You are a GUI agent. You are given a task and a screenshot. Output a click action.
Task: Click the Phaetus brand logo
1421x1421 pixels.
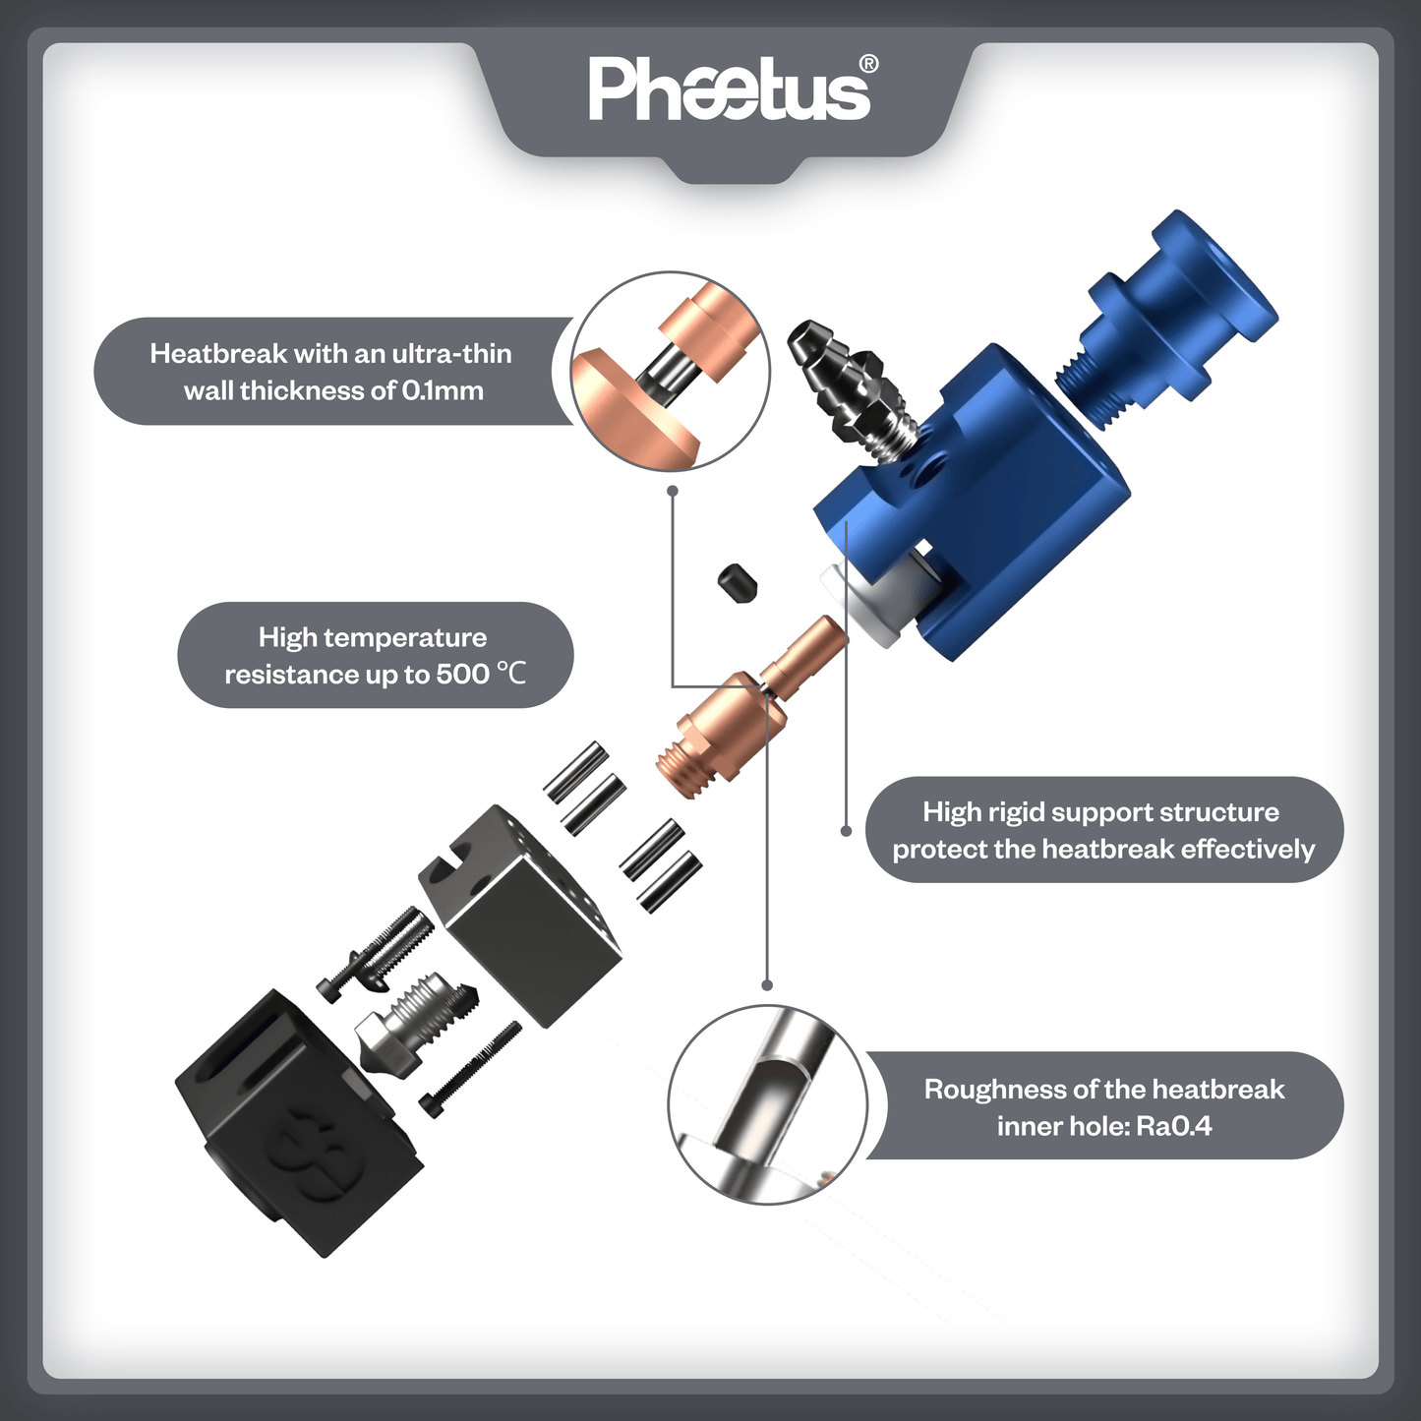click(x=729, y=90)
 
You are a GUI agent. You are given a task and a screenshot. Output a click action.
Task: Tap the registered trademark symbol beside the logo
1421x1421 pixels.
click(x=868, y=65)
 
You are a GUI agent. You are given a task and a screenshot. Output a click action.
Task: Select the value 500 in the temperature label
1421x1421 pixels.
click(x=463, y=675)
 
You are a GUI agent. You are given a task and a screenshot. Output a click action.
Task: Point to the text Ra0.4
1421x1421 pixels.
click(x=1173, y=1127)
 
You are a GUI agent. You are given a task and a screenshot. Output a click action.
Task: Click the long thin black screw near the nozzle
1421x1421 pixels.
click(x=470, y=1066)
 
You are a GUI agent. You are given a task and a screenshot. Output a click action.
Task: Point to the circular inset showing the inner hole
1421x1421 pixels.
click(x=767, y=1104)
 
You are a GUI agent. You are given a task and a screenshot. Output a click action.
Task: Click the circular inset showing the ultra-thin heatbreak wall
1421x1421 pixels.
click(x=671, y=372)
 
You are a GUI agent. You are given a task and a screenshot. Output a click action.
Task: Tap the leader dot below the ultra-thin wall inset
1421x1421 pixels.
click(x=673, y=490)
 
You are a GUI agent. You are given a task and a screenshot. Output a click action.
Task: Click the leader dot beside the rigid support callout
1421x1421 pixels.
click(x=846, y=831)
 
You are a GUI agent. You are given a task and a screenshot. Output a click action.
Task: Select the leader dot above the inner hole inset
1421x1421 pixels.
click(x=767, y=984)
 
